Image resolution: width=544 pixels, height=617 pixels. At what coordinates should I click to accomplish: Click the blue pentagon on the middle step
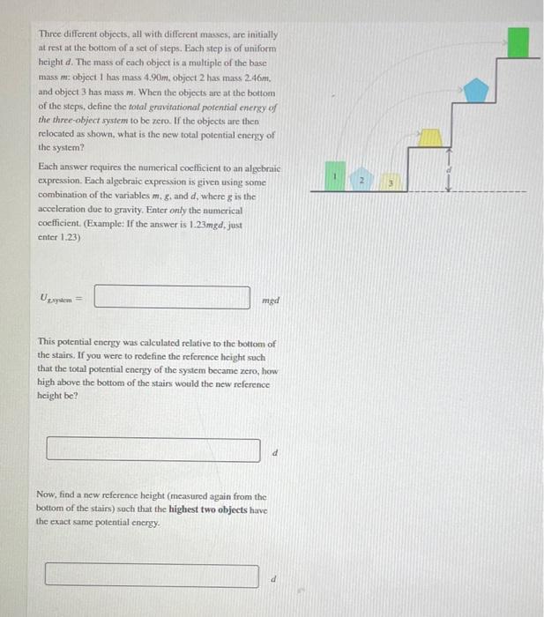(x=476, y=88)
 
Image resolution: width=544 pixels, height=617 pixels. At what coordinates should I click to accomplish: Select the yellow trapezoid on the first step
(x=430, y=136)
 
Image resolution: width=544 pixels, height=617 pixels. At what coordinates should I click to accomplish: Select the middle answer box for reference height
(x=153, y=450)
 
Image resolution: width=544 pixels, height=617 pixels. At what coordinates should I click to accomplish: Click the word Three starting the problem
(x=52, y=33)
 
